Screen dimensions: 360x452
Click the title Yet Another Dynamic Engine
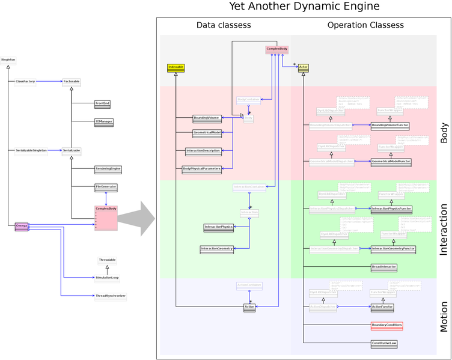(x=304, y=7)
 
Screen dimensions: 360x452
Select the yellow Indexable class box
(x=176, y=68)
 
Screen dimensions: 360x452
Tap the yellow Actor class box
(x=304, y=68)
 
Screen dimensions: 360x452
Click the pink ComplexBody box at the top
(x=277, y=49)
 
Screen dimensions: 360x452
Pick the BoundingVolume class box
(x=206, y=118)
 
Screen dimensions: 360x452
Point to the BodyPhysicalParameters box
(x=202, y=169)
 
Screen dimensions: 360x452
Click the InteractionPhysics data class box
(x=218, y=228)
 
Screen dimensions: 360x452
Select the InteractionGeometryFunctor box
(x=393, y=249)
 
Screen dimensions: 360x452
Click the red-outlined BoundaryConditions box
(x=386, y=326)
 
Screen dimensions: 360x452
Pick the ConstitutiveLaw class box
(x=384, y=344)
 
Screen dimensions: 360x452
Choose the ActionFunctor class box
(x=382, y=307)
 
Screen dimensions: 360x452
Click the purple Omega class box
(x=22, y=227)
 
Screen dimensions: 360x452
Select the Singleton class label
(x=8, y=60)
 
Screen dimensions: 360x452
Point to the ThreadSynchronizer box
(x=111, y=296)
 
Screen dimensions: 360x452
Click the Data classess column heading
(x=224, y=25)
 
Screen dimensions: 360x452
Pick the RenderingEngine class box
(x=108, y=169)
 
